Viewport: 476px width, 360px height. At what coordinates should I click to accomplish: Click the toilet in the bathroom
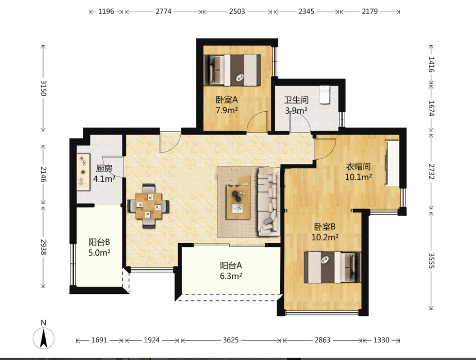click(325, 95)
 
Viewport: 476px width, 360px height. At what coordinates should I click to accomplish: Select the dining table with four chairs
click(148, 206)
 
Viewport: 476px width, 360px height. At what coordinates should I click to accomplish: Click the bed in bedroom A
click(233, 70)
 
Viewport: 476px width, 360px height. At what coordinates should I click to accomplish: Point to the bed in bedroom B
click(332, 267)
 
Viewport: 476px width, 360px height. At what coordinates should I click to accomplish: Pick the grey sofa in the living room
click(268, 202)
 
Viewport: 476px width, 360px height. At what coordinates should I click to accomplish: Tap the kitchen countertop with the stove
click(83, 172)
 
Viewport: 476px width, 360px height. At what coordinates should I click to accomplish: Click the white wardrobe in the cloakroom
click(392, 163)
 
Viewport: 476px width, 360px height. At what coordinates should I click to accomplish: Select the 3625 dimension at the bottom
click(231, 340)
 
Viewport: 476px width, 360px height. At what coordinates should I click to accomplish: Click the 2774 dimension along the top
click(164, 12)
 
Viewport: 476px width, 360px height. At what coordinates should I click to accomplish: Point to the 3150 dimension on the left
click(43, 88)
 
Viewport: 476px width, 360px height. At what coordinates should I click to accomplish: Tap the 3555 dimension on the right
click(431, 261)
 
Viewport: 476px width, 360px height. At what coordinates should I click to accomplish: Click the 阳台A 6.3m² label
click(231, 271)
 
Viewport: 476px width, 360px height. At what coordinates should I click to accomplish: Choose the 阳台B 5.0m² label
click(99, 247)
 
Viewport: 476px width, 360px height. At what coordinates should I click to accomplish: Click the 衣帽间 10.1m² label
click(359, 172)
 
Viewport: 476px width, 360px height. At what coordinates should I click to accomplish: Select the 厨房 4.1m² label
click(104, 173)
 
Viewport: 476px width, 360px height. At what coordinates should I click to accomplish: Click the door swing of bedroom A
click(257, 122)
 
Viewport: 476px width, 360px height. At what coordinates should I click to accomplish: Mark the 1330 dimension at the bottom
click(381, 340)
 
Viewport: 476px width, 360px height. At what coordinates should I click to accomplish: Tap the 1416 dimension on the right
click(431, 64)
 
